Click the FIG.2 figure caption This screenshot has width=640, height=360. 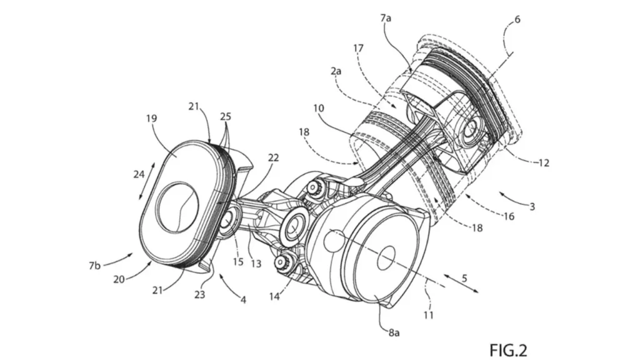(x=508, y=350)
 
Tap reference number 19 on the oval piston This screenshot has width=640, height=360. (x=151, y=118)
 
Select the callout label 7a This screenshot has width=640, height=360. (x=385, y=18)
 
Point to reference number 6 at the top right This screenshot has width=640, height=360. (x=517, y=19)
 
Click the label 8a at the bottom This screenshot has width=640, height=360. (x=394, y=332)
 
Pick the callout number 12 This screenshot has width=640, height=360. (x=544, y=163)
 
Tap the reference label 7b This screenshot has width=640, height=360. (x=94, y=265)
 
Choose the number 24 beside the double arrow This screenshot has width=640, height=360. (x=139, y=174)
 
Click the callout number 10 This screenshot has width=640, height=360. (x=319, y=108)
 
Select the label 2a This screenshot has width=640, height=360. (x=336, y=71)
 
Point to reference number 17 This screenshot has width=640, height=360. (x=358, y=49)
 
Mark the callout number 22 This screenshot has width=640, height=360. (x=273, y=157)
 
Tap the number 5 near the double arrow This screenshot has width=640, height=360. (x=464, y=278)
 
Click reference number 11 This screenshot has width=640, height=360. (x=428, y=315)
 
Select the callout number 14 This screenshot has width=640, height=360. (x=274, y=296)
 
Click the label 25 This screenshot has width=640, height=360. (x=225, y=116)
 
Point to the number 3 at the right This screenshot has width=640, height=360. (x=532, y=206)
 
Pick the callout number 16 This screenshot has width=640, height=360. (x=509, y=216)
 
